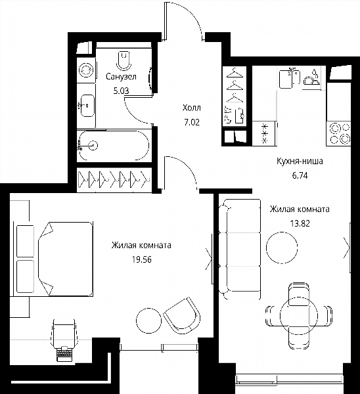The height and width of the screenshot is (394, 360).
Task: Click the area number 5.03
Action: [x=121, y=91]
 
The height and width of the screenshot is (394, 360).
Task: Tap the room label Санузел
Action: [x=121, y=76]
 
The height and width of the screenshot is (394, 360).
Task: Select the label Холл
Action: [x=192, y=108]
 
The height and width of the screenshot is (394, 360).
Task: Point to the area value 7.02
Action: [x=192, y=122]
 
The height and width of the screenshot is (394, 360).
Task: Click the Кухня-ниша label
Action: [x=300, y=161]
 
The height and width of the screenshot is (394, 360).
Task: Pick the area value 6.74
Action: [x=300, y=175]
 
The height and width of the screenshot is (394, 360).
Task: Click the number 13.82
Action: [x=300, y=223]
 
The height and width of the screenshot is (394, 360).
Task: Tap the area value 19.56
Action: [x=142, y=259]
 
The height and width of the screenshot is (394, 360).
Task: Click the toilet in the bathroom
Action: [x=124, y=61]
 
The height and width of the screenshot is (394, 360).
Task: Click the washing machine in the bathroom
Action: [x=86, y=70]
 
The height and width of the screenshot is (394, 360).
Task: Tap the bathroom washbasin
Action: [x=87, y=106]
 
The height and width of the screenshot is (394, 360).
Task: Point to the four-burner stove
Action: [x=338, y=133]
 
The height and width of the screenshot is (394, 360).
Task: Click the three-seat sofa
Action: [x=240, y=250]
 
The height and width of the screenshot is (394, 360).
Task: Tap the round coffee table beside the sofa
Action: [x=282, y=248]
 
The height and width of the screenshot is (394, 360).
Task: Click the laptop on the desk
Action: [x=64, y=354]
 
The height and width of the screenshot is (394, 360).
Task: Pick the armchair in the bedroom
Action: [x=181, y=315]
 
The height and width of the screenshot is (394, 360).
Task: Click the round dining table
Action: [x=299, y=315]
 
